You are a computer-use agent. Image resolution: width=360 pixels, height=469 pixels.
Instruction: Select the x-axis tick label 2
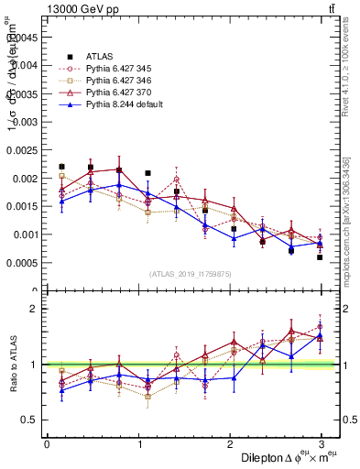(x=230, y=443)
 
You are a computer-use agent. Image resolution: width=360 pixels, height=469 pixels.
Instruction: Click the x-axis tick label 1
(x=138, y=443)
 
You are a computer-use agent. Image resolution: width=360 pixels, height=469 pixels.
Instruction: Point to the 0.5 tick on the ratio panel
(x=29, y=420)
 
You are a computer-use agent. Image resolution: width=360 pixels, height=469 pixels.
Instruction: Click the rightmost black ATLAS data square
(x=320, y=257)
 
